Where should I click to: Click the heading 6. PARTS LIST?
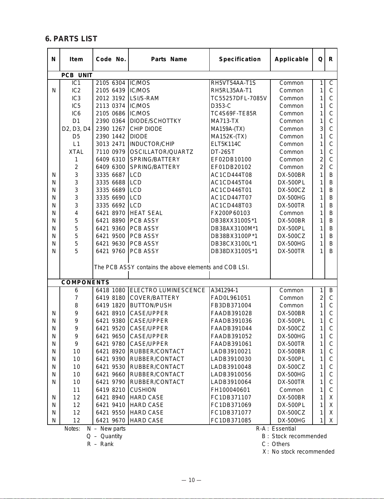coord(71,39)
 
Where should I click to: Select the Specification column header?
coord(240,59)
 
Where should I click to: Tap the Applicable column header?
coord(291,59)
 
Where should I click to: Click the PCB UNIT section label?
coord(77,75)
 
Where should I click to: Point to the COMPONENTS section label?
coord(85,282)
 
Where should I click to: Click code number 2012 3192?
coord(110,98)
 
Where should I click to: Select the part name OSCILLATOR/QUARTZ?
coord(161,152)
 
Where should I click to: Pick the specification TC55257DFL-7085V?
coord(239,98)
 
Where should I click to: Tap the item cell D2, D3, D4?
coord(76,129)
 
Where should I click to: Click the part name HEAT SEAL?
coord(146,213)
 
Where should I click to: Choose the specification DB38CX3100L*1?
coord(234,244)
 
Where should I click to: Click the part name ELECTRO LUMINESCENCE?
coord(167,290)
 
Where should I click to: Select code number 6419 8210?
coord(110,390)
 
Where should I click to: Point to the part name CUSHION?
coord(143,390)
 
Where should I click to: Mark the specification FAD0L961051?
coord(231,298)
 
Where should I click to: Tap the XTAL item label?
coord(76,152)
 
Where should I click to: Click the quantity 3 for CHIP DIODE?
coord(321,129)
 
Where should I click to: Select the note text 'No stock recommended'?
coord(303,452)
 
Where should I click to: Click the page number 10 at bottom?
coord(192,480)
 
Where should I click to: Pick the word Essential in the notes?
coord(284,429)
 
